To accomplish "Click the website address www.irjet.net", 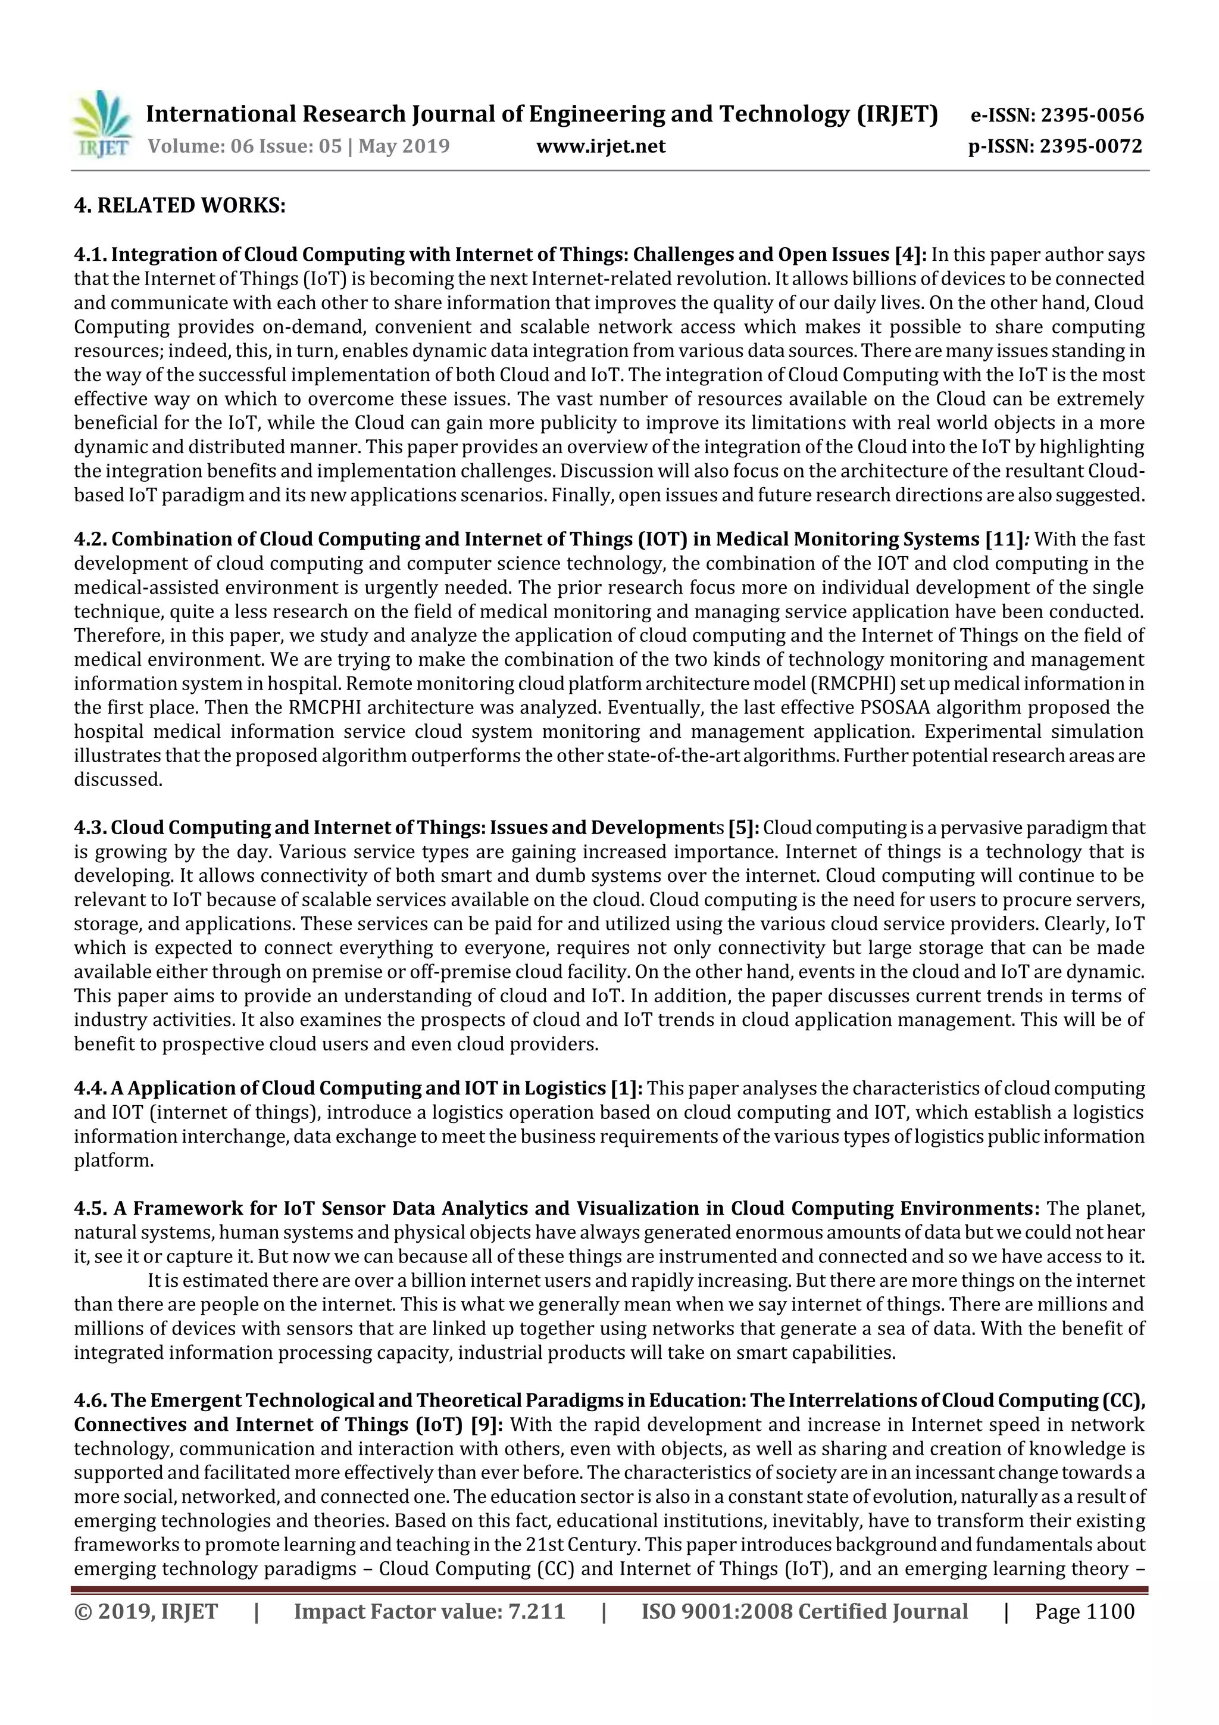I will tap(600, 146).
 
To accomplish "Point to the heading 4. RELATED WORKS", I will tap(180, 205).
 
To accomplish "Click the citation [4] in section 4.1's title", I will tap(909, 255).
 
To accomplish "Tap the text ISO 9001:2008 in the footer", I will tap(713, 1611).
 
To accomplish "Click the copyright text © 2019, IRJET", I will tap(146, 1611).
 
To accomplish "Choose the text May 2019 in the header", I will tap(404, 146).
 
